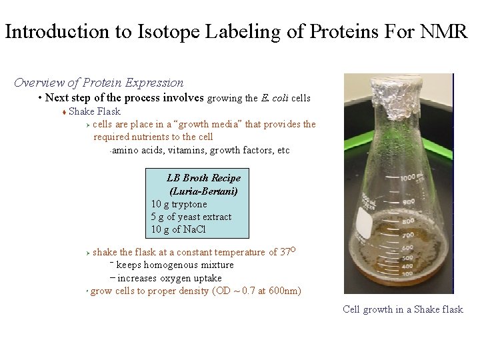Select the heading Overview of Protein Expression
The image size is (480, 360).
pyautogui.click(x=99, y=83)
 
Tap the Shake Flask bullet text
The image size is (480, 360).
pyautogui.click(x=95, y=111)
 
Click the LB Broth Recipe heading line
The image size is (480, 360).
pyautogui.click(x=203, y=178)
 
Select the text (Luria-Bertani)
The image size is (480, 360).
pyautogui.click(x=203, y=191)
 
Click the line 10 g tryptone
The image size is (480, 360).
pyautogui.click(x=179, y=204)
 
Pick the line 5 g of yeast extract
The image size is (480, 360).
pyautogui.click(x=191, y=217)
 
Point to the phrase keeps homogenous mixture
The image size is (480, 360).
pyautogui.click(x=171, y=265)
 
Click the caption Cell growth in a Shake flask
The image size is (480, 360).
pyautogui.click(x=402, y=309)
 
